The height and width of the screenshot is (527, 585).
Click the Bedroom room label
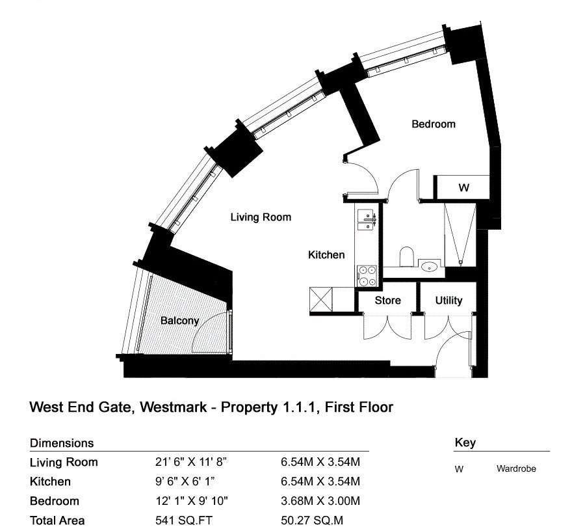pyautogui.click(x=434, y=124)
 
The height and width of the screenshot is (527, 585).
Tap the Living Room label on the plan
pyautogui.click(x=261, y=217)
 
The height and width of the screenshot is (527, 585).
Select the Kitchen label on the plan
pyautogui.click(x=326, y=255)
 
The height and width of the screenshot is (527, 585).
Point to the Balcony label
pyautogui.click(x=179, y=321)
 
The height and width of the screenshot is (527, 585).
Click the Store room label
pyautogui.click(x=387, y=301)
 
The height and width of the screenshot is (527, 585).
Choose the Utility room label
pyautogui.click(x=448, y=301)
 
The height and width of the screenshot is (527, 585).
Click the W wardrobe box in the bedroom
pyautogui.click(x=463, y=187)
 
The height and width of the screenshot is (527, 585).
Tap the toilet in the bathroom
pyautogui.click(x=407, y=256)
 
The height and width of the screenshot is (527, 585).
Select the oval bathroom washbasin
pyautogui.click(x=430, y=267)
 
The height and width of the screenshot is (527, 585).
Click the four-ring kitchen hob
pyautogui.click(x=367, y=276)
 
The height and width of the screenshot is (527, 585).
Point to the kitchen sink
pyautogui.click(x=367, y=220)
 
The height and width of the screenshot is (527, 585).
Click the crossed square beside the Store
pyautogui.click(x=321, y=299)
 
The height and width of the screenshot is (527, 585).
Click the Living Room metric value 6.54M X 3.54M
pyautogui.click(x=320, y=462)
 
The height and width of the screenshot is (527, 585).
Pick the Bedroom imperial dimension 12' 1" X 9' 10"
pyautogui.click(x=192, y=501)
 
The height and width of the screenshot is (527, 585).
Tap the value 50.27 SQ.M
pyautogui.click(x=312, y=520)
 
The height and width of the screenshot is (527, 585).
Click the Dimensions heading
pyautogui.click(x=62, y=443)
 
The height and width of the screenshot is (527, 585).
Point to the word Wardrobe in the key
pyautogui.click(x=516, y=468)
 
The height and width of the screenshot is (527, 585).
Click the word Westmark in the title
pyautogui.click(x=173, y=407)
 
